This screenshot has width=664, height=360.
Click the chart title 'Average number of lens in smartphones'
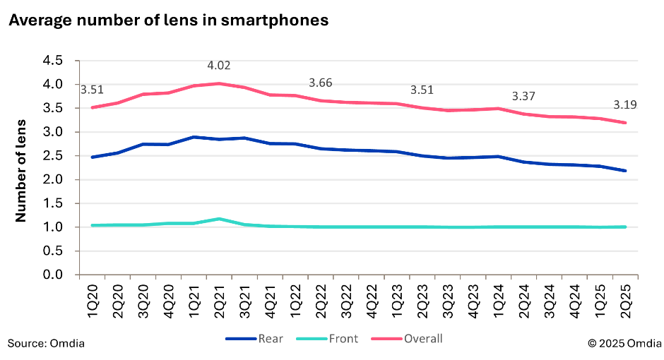click(168, 20)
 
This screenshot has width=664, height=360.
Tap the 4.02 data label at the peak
click(219, 66)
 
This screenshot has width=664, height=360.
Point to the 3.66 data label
click(321, 83)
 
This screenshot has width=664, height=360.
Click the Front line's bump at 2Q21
click(219, 219)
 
